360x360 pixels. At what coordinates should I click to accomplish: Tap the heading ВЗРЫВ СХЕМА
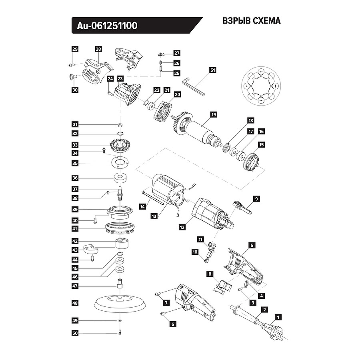tap(251, 21)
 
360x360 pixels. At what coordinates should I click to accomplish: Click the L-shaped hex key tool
tap(194, 86)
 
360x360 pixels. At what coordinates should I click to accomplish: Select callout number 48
tap(75, 303)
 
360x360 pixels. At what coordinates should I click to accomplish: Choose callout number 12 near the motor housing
tap(182, 227)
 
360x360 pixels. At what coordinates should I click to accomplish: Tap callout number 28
tap(98, 49)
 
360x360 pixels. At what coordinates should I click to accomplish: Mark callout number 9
tap(256, 198)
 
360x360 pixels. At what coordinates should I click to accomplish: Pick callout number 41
tap(75, 229)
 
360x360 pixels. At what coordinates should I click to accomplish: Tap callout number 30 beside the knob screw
tap(75, 90)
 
